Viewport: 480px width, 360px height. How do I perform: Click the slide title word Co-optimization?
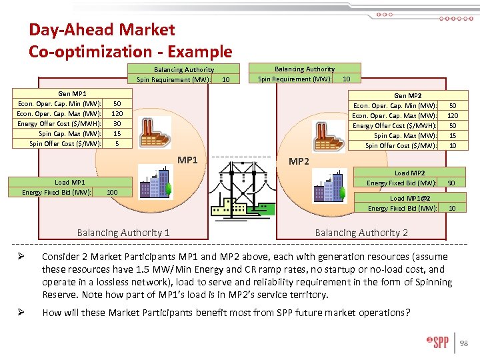(83, 51)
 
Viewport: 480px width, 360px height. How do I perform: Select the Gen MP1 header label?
(72, 94)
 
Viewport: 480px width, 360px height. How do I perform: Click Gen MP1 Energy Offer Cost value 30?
(117, 123)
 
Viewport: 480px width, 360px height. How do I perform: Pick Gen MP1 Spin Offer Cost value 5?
(117, 143)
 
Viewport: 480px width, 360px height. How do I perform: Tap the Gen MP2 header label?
(407, 96)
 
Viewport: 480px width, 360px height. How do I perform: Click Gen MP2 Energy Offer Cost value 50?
(452, 125)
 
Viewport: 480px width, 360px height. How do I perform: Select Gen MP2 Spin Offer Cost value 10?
(452, 145)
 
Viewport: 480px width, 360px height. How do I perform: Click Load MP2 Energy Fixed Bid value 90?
(452, 183)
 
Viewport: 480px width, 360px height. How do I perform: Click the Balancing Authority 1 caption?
(123, 233)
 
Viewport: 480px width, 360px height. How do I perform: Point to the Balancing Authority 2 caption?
(361, 233)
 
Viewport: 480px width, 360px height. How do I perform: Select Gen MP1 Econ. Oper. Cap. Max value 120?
(117, 114)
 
